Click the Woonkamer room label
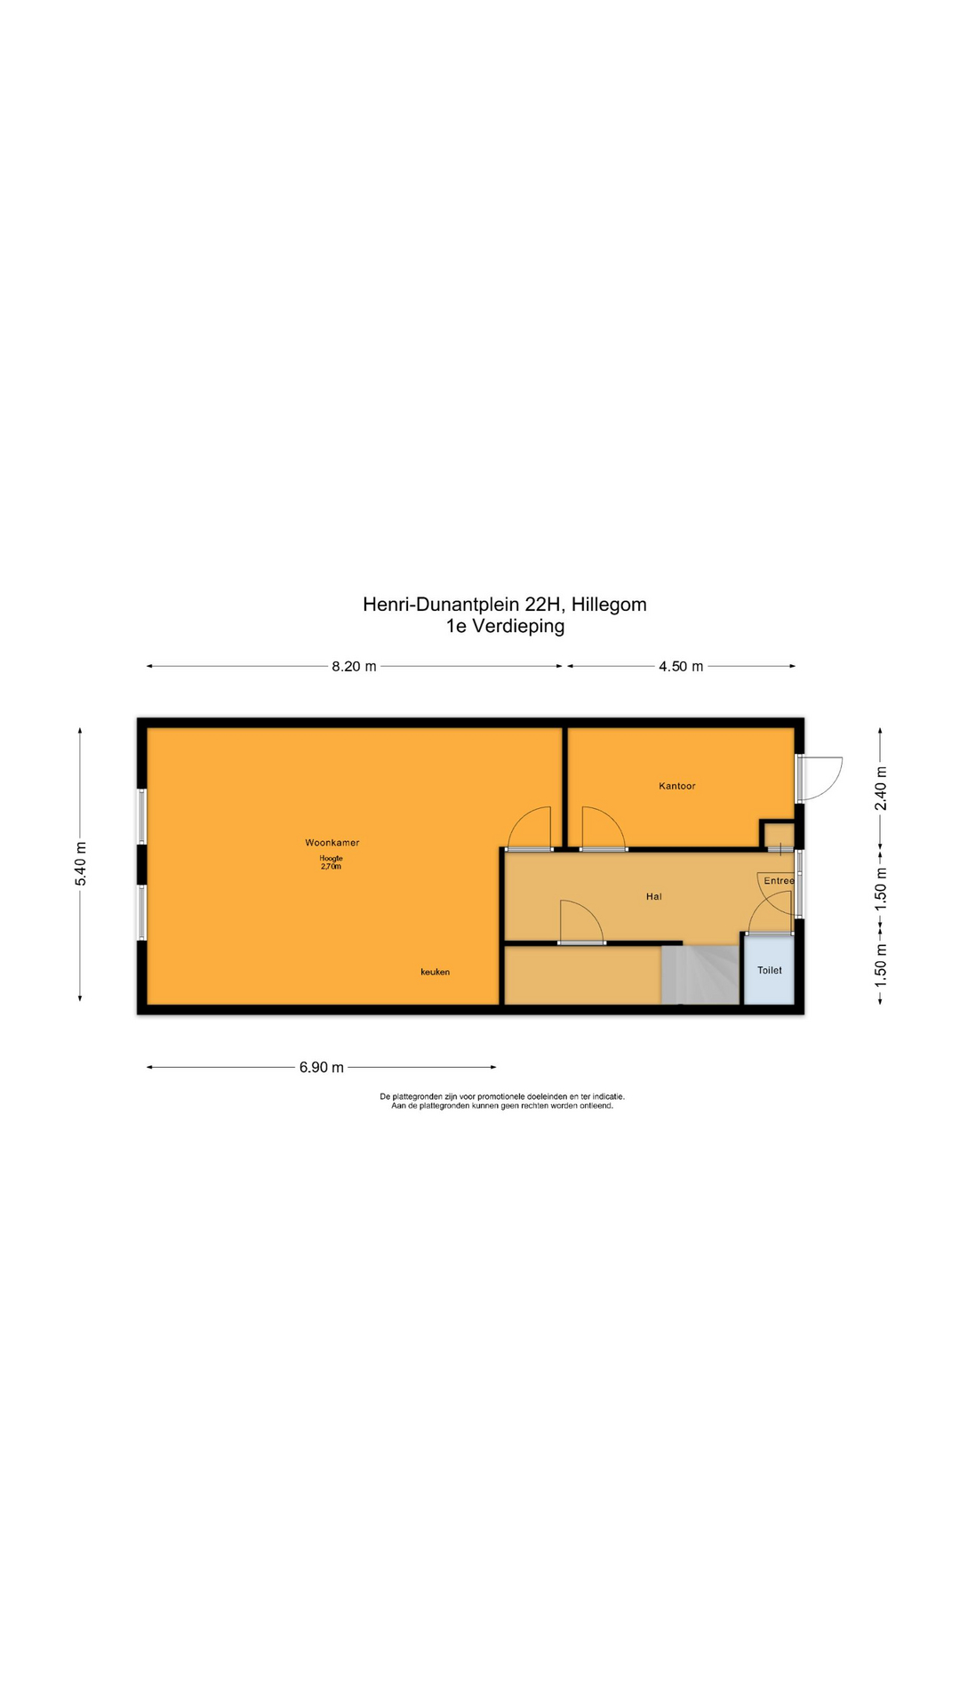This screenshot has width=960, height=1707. (x=332, y=842)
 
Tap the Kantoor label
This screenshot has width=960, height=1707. (x=676, y=786)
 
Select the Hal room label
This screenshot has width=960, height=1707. (x=653, y=896)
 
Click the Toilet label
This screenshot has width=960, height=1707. (x=769, y=970)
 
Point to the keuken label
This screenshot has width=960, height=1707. (x=435, y=972)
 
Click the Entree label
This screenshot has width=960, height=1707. (x=779, y=881)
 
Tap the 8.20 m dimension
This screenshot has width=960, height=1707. (x=354, y=666)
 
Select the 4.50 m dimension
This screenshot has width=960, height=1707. (x=680, y=666)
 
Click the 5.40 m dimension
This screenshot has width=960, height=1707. (x=81, y=862)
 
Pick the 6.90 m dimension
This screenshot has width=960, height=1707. (x=321, y=1067)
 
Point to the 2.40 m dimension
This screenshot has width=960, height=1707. (x=880, y=788)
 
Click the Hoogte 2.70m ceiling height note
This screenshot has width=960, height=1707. (x=331, y=862)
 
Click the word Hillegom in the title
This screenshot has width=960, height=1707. (x=609, y=605)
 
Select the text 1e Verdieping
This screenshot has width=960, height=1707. (x=505, y=626)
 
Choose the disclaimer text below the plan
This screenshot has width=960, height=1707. (x=502, y=1101)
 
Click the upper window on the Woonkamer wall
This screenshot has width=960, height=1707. (x=141, y=815)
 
